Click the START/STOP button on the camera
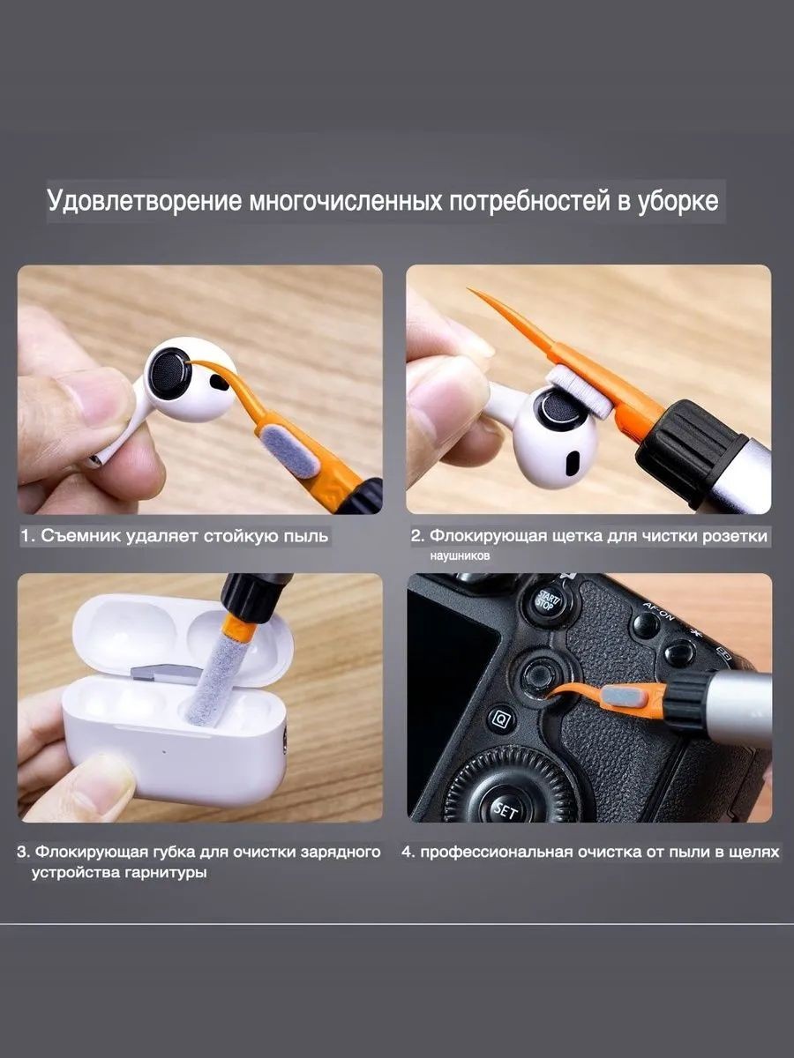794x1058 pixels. (x=548, y=601)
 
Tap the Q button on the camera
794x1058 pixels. (x=502, y=719)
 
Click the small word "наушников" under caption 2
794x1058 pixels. (x=460, y=555)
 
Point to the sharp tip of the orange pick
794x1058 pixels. (x=468, y=288)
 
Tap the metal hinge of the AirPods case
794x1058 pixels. (x=165, y=674)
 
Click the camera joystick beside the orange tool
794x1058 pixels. (x=536, y=674)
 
